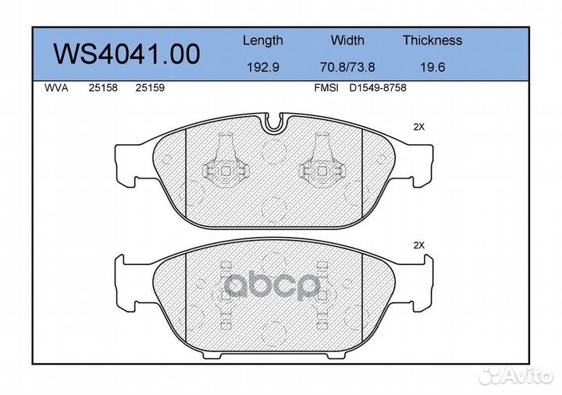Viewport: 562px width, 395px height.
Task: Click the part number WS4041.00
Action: (x=126, y=54)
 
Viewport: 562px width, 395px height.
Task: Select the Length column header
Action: (x=262, y=41)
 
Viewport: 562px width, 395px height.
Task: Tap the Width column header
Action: (x=347, y=41)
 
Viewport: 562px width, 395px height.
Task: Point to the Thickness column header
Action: (x=432, y=41)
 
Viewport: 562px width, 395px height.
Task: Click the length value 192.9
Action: (x=263, y=68)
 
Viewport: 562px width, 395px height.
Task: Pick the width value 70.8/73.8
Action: (x=347, y=68)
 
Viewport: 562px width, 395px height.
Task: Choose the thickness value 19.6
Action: (x=432, y=68)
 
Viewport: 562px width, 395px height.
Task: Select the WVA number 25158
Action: (x=104, y=88)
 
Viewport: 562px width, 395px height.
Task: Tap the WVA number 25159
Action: (x=149, y=88)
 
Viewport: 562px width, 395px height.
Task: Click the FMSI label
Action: (x=325, y=88)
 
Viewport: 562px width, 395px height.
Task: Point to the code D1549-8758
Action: (x=378, y=88)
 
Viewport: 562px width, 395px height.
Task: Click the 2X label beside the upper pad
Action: (x=419, y=126)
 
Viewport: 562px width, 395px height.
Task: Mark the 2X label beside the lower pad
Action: (x=419, y=245)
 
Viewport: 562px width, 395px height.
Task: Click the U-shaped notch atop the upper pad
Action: (x=275, y=122)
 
